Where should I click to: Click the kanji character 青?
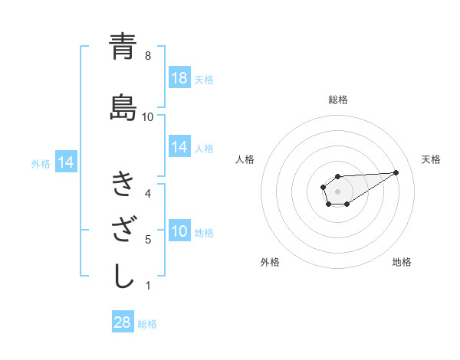click(x=123, y=47)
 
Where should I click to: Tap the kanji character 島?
click(x=123, y=109)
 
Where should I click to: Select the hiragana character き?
click(x=123, y=185)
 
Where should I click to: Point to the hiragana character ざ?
click(x=123, y=231)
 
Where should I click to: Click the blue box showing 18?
click(x=179, y=79)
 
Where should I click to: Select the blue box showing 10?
click(x=179, y=232)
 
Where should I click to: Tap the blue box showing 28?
click(x=123, y=323)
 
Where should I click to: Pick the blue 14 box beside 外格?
click(x=65, y=162)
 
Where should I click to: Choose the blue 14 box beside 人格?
click(x=179, y=147)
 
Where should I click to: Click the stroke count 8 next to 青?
click(x=148, y=55)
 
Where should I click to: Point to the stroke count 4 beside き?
click(x=148, y=193)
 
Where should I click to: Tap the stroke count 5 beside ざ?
click(x=148, y=240)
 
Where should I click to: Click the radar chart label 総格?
click(x=338, y=100)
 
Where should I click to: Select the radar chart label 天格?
click(x=431, y=159)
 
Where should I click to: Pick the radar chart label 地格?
click(x=402, y=262)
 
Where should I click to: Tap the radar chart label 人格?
click(x=245, y=159)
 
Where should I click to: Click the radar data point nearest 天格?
click(x=396, y=172)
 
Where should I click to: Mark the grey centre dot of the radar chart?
click(x=338, y=191)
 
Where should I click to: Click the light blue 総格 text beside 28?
click(x=147, y=324)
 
